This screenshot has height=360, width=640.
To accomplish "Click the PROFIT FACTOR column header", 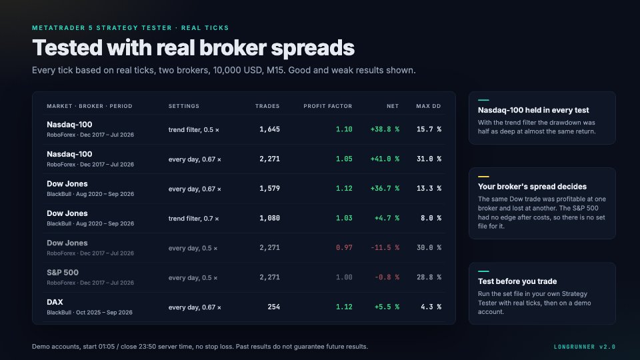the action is pos(328,106).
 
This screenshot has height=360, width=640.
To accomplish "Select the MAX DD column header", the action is pos(429,106).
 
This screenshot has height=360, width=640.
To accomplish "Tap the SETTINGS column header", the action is pos(184,106).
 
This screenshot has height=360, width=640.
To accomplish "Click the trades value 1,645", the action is pos(270,129).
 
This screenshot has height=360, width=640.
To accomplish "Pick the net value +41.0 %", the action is pos(385,159).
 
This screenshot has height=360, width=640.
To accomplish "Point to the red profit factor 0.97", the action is pos(344,248).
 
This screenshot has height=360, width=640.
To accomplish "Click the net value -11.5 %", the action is pos(385,248).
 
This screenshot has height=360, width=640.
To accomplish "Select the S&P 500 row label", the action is pos(63,273).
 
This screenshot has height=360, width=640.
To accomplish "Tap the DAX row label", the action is pos(55,302).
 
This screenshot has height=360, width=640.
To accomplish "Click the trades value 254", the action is pos(274,307).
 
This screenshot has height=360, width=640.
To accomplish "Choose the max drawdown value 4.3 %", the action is pos(431,307).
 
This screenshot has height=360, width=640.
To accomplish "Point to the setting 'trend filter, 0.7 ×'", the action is pos(193,219).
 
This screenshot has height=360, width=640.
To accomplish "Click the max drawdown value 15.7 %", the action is pos(429,129).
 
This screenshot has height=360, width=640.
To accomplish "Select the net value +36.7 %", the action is pos(385,189).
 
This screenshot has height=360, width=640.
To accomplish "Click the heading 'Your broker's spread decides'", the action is pos(532,187).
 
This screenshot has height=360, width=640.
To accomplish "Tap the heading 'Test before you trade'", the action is pos(517,281).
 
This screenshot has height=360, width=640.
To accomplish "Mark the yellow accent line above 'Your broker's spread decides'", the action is pos(483,177).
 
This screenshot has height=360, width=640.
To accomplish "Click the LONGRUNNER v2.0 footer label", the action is pos(585,347).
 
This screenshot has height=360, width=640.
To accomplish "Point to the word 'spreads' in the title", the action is pos(313,48).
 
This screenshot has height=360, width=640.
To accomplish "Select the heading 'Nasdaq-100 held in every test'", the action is pos(533,110).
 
